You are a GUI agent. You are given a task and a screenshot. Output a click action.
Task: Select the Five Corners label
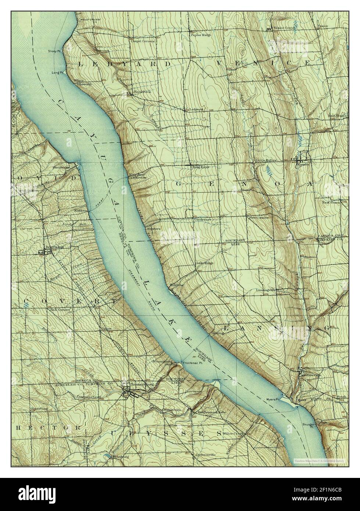tap(259, 217)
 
